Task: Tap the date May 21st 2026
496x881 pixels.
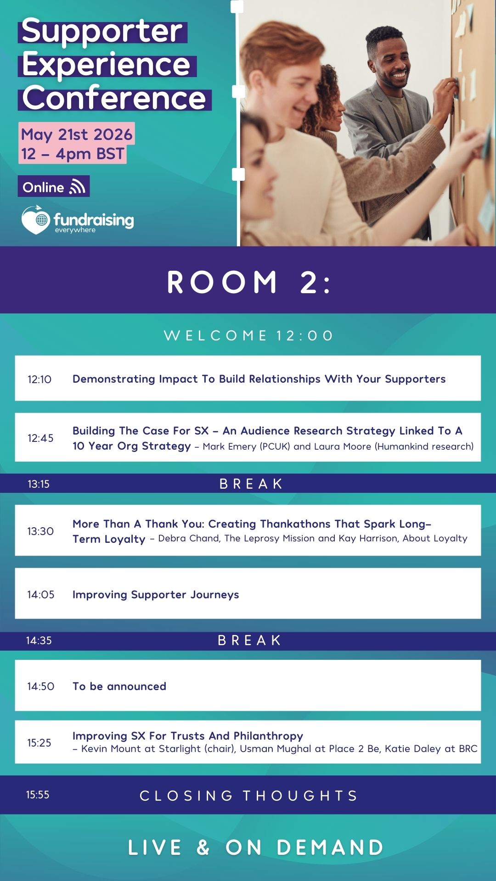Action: coord(77,134)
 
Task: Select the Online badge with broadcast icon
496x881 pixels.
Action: coord(54,187)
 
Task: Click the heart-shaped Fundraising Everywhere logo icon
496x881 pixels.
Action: coord(35,220)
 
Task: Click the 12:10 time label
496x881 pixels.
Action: coord(39,379)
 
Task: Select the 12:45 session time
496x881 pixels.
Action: coord(40,438)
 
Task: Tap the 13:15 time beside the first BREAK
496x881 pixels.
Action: coord(39,484)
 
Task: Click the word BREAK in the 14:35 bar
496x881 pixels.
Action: coord(249,640)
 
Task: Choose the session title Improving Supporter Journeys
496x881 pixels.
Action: coord(156,595)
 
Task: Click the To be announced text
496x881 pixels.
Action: coord(119,686)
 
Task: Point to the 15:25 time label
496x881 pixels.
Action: coord(39,743)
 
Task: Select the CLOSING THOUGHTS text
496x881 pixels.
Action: coord(248,796)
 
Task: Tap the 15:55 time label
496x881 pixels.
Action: coord(38,795)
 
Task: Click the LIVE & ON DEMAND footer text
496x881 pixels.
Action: coord(255,848)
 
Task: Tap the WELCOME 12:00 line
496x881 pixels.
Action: coord(248,335)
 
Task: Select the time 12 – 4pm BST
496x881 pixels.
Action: coord(73,154)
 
